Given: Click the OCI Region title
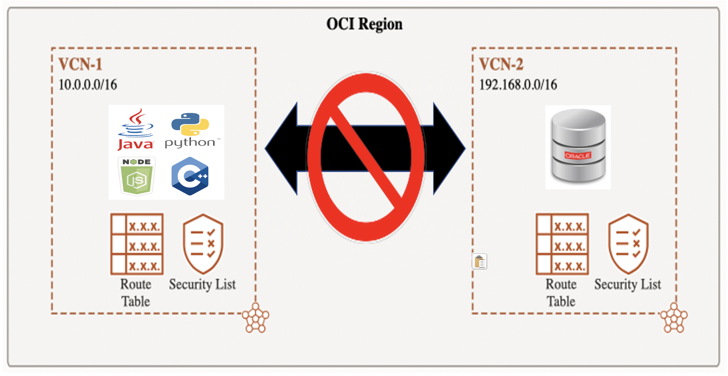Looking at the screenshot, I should point(364,24).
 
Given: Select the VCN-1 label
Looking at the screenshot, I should point(80,64).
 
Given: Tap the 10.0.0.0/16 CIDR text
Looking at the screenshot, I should point(88,85).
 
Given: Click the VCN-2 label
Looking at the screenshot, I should point(501,64).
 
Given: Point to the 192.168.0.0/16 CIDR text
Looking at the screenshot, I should point(518,85).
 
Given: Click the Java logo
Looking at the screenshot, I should point(136,130).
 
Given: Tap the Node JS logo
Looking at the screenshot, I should point(137,176).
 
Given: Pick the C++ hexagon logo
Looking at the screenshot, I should point(190,176).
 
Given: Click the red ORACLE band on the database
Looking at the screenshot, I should point(578,155).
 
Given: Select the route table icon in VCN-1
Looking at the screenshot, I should point(137,244).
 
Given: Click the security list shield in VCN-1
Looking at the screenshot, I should point(203,244).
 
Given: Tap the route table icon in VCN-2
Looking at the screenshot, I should point(562,244).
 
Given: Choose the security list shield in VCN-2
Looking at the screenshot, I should point(628,244).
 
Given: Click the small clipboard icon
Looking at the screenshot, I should point(479,262).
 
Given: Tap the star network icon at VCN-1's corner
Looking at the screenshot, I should point(255,318).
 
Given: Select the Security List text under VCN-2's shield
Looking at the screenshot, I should point(628,284).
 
